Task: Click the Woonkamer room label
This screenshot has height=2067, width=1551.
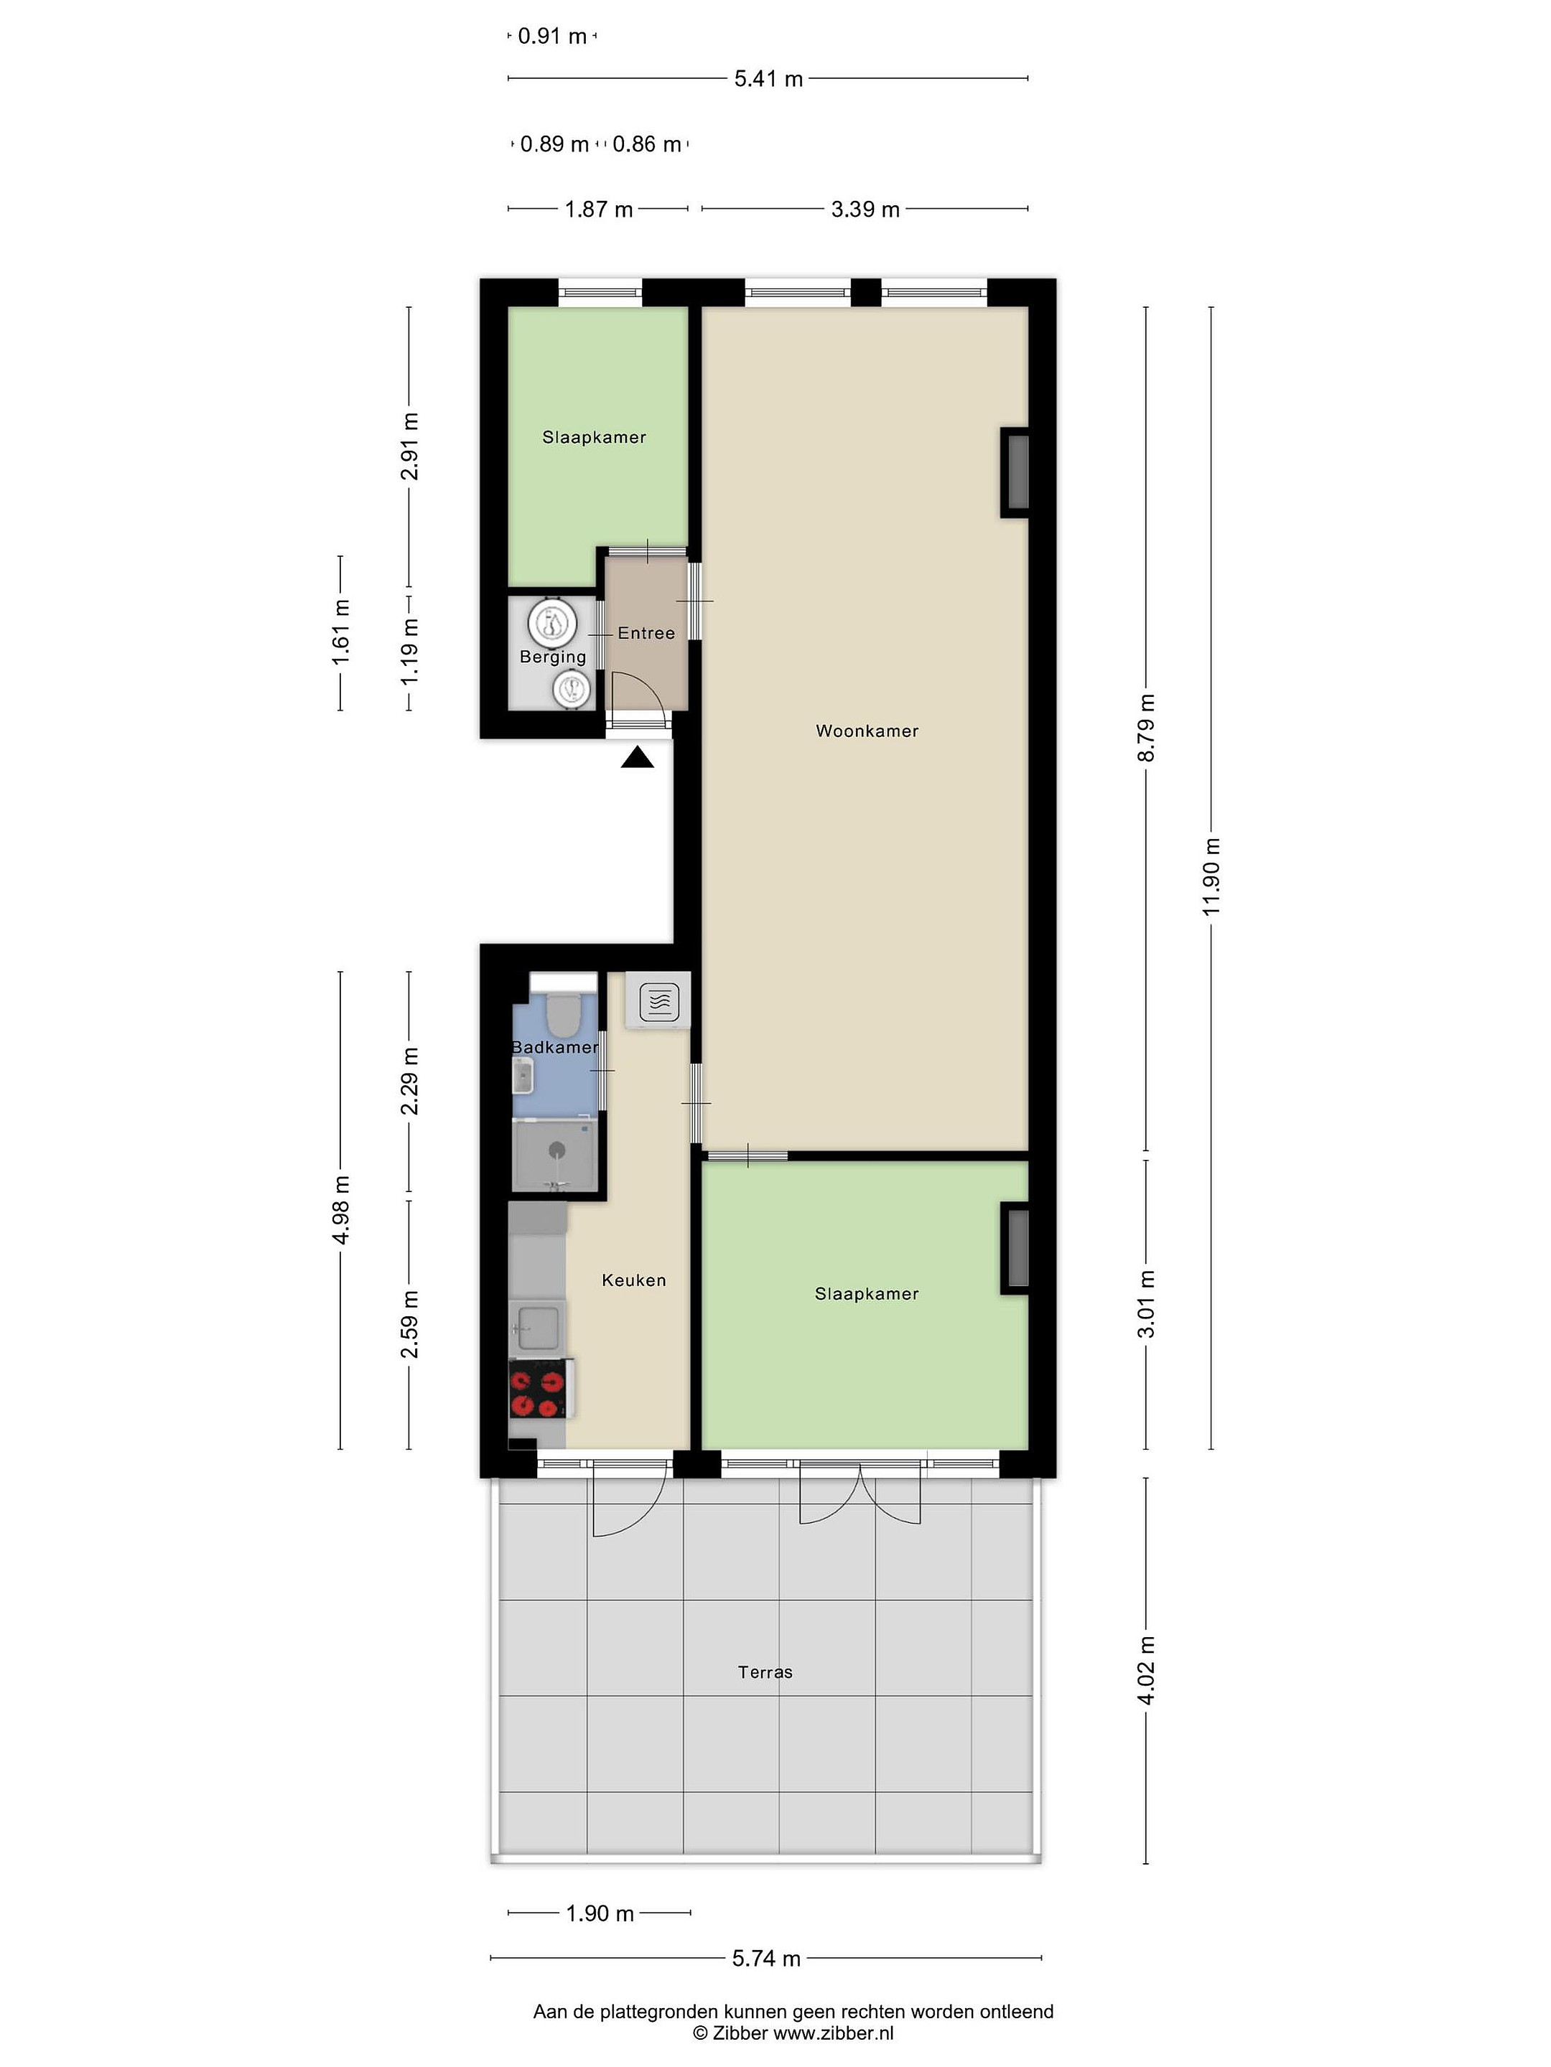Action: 867,731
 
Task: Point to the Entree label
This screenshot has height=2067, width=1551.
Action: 646,632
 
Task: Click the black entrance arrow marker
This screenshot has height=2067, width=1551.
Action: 638,757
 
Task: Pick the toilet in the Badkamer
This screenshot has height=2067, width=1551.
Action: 563,1014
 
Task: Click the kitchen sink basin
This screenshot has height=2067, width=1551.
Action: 538,1327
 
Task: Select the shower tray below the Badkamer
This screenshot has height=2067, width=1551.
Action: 555,1156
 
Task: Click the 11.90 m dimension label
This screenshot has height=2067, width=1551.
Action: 1211,878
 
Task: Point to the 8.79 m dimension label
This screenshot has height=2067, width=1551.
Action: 1146,728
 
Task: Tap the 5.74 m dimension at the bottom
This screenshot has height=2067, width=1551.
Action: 767,1959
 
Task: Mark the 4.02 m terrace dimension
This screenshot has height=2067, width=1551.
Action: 1146,1671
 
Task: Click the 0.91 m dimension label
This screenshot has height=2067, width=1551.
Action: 552,37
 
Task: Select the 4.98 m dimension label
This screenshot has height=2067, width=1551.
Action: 341,1210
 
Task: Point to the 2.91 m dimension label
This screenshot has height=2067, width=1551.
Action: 409,446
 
